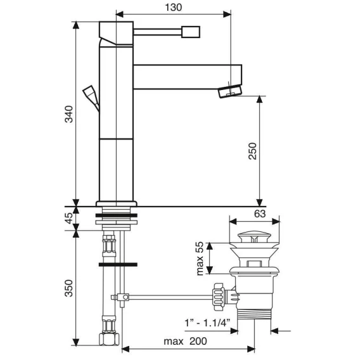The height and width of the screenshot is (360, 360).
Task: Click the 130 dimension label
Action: coord(173,8)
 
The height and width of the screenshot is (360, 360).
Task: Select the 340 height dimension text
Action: coord(68,114)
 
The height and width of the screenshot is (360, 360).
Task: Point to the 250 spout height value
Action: coord(252,151)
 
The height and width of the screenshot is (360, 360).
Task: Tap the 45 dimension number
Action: coord(68,217)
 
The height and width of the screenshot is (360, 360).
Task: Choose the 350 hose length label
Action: coord(68,288)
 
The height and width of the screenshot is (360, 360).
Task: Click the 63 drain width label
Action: coord(260,214)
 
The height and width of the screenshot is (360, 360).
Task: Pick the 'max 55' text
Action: coord(200,258)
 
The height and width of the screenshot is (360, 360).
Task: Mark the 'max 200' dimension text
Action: coord(185,341)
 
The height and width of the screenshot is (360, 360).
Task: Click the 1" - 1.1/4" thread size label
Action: coord(207,323)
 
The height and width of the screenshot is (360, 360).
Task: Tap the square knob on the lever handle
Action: coord(191,32)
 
